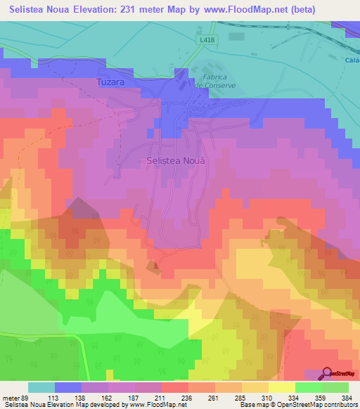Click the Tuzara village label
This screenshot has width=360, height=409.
pyautogui.click(x=110, y=82)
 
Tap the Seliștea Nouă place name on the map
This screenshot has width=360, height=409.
pyautogui.click(x=176, y=160)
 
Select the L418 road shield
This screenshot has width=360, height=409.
pyautogui.click(x=206, y=41)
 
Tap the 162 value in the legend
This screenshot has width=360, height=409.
pyautogui.click(x=121, y=397)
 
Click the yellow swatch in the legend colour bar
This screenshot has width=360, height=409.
pyautogui.click(x=281, y=387)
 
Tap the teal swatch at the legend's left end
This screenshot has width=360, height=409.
pyautogui.click(x=41, y=387)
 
